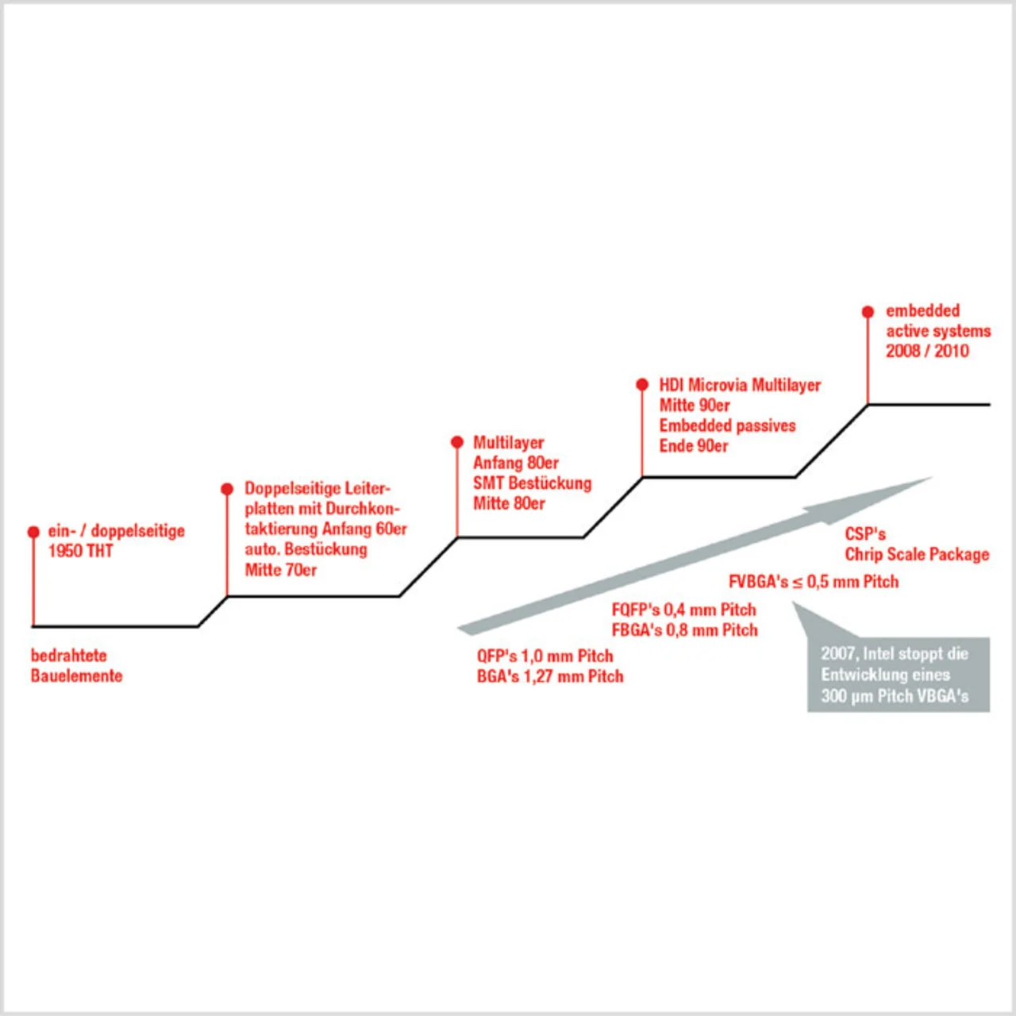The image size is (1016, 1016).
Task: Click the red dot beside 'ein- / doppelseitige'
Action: (x=33, y=532)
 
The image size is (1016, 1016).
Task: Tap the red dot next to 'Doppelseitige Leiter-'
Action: (x=227, y=489)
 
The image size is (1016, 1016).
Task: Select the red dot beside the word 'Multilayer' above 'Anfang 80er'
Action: (x=457, y=442)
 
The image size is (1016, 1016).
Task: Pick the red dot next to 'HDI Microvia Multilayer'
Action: (x=642, y=384)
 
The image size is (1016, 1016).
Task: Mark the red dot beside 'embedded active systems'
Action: (x=868, y=312)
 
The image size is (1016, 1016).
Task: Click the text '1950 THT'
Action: (x=80, y=551)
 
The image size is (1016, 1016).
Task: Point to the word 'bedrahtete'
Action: (x=69, y=656)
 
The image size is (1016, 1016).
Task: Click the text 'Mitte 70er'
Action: (x=280, y=570)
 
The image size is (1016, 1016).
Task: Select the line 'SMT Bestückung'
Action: (x=532, y=483)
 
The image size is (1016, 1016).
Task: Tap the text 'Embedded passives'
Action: (x=727, y=425)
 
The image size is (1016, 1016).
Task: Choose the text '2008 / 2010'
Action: (x=927, y=351)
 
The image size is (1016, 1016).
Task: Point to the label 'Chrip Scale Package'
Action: (x=917, y=554)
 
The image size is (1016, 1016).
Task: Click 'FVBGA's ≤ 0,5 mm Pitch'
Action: (x=813, y=582)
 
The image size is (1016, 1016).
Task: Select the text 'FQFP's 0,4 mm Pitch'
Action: (x=683, y=610)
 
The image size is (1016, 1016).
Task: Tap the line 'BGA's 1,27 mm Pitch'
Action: (x=550, y=676)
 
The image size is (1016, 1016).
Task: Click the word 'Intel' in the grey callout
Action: (x=878, y=653)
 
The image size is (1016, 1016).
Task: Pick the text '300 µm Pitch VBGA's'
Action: (x=895, y=696)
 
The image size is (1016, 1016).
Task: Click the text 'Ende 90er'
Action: (x=693, y=446)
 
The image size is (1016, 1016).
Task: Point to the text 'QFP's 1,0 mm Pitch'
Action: (x=545, y=656)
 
